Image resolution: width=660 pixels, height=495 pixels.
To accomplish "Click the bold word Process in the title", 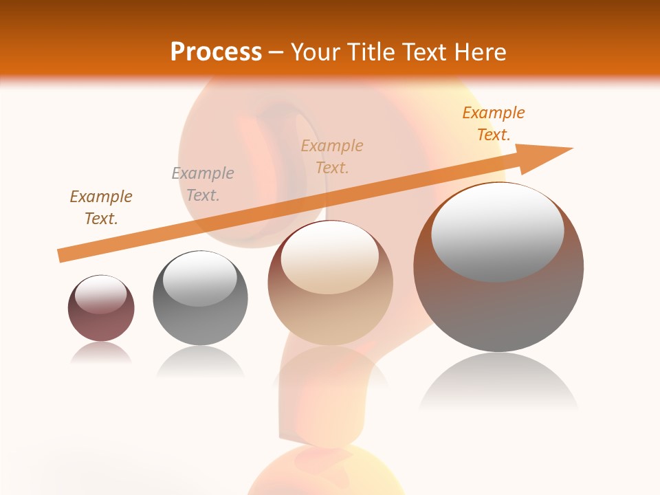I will pyautogui.click(x=216, y=52).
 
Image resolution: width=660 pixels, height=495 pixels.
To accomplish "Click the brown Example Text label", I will pyautogui.click(x=101, y=208).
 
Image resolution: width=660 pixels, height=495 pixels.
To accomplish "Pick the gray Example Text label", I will pyautogui.click(x=203, y=184).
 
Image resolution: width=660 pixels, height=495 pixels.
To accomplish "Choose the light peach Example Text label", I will pyautogui.click(x=332, y=157).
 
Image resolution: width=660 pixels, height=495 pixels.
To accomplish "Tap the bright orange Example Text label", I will pyautogui.click(x=494, y=124).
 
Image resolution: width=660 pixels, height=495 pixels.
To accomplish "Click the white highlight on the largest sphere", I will pyautogui.click(x=498, y=232).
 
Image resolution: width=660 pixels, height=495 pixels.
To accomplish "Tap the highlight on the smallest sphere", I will pyautogui.click(x=101, y=295).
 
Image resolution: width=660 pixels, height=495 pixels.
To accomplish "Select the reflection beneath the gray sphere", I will pyautogui.click(x=200, y=360).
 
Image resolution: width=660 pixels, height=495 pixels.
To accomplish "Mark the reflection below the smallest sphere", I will pyautogui.click(x=101, y=352).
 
